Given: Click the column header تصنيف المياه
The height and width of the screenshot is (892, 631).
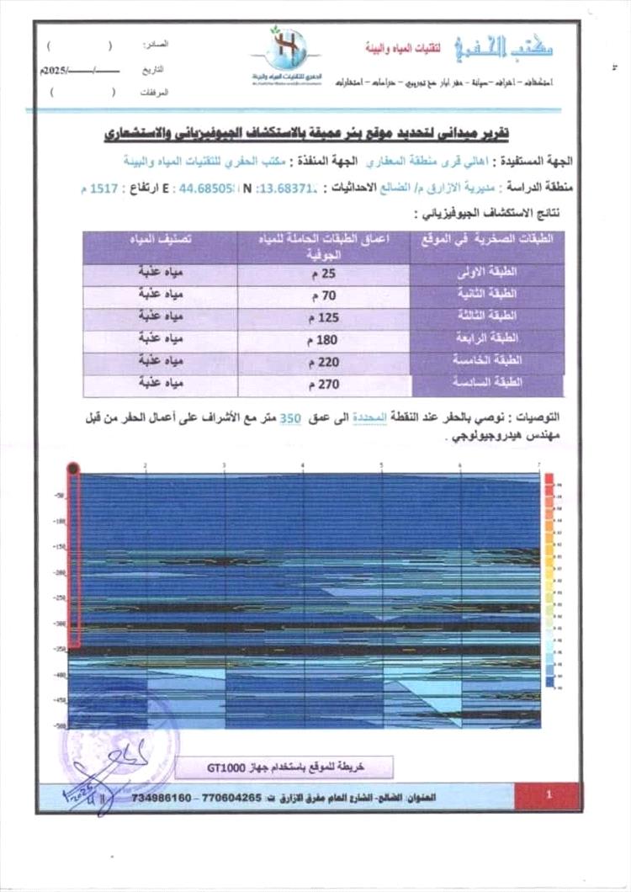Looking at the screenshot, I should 160,239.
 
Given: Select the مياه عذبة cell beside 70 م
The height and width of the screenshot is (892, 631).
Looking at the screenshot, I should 160,295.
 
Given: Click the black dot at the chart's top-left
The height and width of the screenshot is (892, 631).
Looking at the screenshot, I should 73,469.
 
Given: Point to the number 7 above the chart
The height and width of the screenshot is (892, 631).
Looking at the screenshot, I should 538,465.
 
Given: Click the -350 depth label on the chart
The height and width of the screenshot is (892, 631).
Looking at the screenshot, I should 60,649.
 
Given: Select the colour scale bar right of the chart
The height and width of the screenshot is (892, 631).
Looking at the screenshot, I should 549,581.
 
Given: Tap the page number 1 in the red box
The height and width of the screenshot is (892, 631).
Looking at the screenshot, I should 548,794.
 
